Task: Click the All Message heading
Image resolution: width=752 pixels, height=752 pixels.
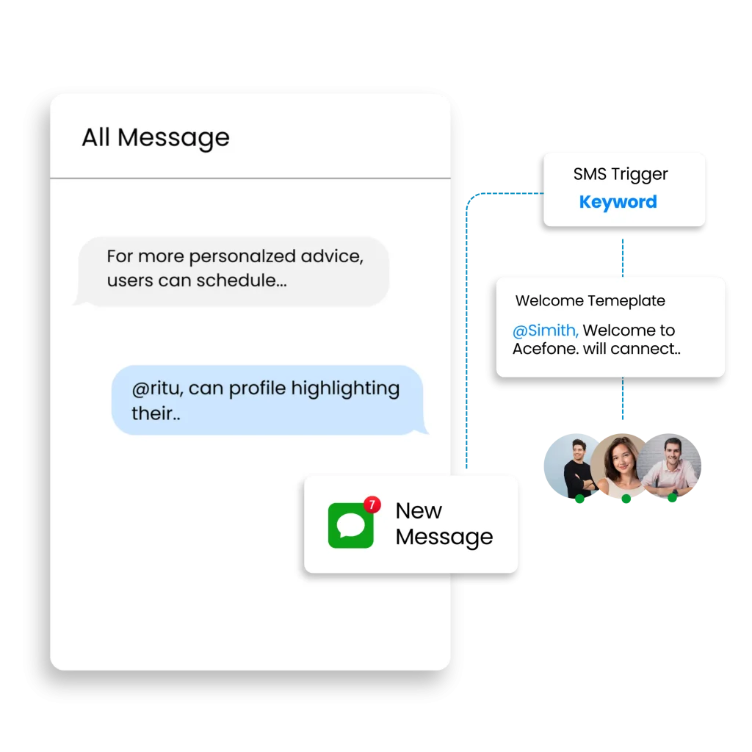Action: coord(155,137)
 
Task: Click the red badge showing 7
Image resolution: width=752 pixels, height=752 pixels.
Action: coord(372,505)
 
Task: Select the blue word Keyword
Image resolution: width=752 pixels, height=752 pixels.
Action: coord(618,202)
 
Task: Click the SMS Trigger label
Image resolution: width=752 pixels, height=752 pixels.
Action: coord(621,174)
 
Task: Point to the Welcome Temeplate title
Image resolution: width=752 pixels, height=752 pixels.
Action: coord(590,300)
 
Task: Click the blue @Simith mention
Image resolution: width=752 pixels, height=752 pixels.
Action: coord(545,330)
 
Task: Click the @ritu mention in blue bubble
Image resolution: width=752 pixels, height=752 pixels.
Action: coord(157,388)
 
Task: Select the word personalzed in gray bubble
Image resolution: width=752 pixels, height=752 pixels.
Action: coord(243,257)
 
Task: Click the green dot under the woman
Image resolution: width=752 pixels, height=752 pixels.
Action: coord(626,499)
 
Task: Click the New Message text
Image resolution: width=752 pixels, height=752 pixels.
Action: coord(444,524)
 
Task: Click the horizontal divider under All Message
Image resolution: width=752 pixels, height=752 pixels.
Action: coord(250,178)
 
